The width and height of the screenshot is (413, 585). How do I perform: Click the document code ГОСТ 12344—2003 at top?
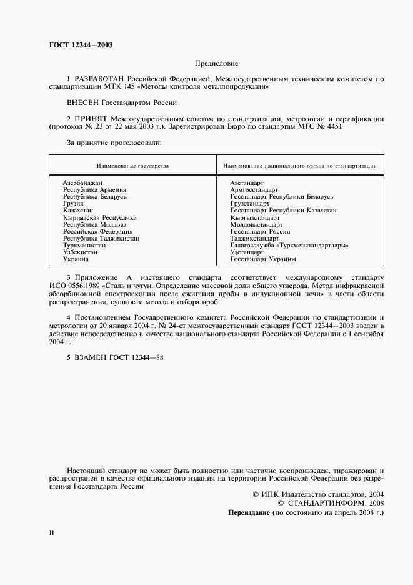pyautogui.click(x=81, y=45)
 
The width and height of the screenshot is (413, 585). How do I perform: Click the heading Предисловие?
pyautogui.click(x=216, y=64)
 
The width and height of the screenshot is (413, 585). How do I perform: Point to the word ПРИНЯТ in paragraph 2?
pyautogui.click(x=91, y=118)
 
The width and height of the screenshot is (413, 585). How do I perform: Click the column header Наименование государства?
pyautogui.click(x=132, y=166)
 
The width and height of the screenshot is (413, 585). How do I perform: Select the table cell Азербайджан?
pyautogui.click(x=82, y=182)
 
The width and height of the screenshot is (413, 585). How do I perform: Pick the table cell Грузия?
pyautogui.click(x=74, y=203)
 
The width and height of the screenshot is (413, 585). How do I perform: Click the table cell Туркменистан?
pyautogui.click(x=84, y=245)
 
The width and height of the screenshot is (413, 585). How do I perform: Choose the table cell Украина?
pyautogui.click(x=76, y=259)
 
